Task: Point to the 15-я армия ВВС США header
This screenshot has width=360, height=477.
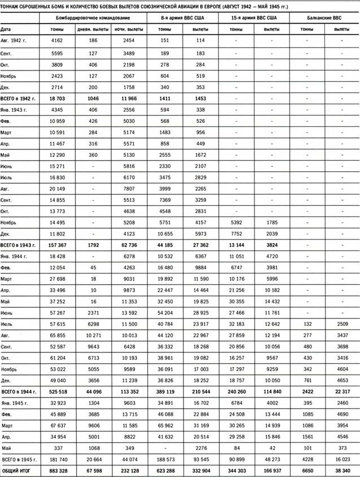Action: (253, 17)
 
